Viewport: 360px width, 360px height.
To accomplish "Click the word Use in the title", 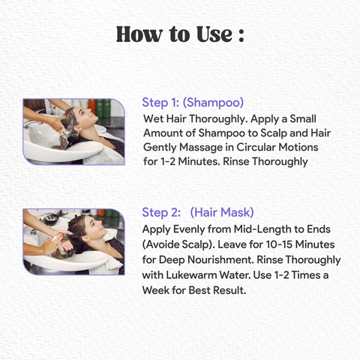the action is (x=214, y=34).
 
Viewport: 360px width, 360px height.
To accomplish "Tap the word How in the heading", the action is (x=139, y=34).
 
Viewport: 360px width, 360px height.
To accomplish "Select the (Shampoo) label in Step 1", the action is (x=213, y=103).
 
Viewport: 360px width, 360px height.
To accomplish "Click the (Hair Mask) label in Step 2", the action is (x=222, y=213).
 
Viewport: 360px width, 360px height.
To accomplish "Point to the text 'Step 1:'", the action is (x=160, y=103).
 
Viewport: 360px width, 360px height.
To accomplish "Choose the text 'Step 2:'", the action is (x=161, y=213).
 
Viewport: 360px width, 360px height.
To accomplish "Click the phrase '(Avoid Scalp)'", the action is (x=178, y=244).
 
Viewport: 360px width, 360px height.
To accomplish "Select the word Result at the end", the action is (x=229, y=290).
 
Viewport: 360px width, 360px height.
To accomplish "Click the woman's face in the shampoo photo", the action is (x=85, y=117).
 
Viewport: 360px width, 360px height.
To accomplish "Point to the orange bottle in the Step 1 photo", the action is (x=92, y=107).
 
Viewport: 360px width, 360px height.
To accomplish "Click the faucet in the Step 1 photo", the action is (x=32, y=124).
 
